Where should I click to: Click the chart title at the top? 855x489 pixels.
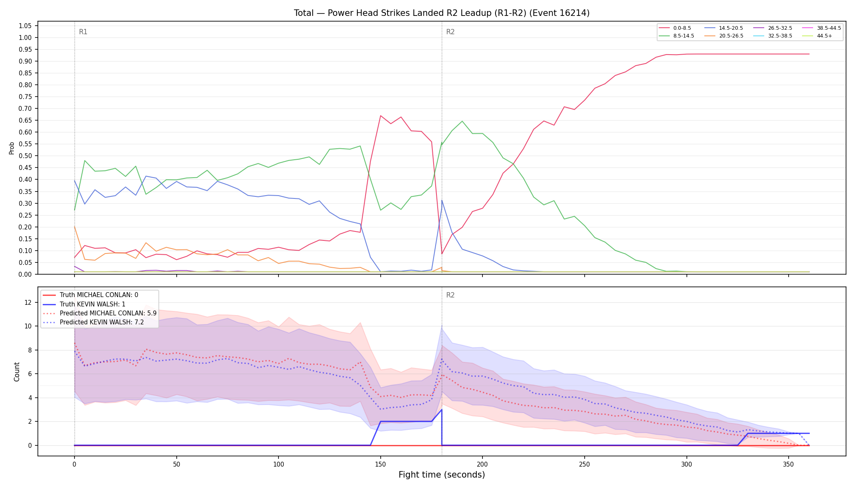point(442,13)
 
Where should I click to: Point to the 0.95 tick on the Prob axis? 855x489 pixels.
point(25,49)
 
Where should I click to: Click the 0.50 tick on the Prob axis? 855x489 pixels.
point(25,156)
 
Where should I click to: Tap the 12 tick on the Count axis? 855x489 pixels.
point(28,302)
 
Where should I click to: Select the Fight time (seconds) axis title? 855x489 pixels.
point(442,475)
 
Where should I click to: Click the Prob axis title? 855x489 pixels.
point(11,148)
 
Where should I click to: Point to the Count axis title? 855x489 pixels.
point(17,372)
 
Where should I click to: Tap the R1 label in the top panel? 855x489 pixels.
point(83,32)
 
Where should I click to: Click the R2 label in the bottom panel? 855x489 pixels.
point(450,295)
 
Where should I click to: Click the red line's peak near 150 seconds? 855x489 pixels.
point(380,116)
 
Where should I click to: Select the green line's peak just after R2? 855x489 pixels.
point(462,121)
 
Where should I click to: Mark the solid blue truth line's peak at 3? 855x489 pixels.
point(442,410)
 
